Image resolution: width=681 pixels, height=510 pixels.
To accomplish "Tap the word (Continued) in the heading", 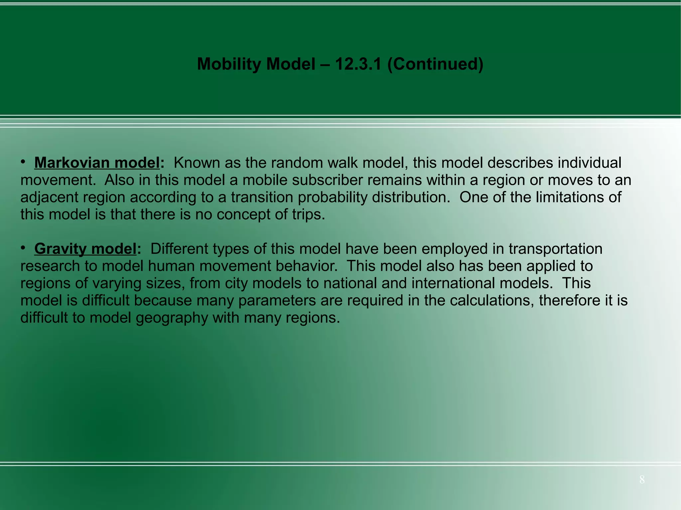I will [435, 64].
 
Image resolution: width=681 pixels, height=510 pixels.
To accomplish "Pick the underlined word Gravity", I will [60, 249].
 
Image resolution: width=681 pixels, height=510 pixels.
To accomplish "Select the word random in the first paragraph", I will [298, 163].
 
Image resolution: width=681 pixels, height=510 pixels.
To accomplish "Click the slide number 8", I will [642, 479].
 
